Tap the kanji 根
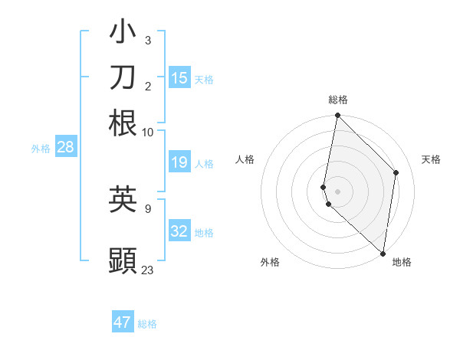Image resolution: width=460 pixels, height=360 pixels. click(x=123, y=123)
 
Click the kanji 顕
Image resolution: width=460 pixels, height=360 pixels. click(x=123, y=260)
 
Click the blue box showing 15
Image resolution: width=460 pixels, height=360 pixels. click(x=179, y=78)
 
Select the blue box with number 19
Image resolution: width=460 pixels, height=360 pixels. click(x=179, y=162)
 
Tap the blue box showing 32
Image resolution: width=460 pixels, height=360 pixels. click(x=179, y=231)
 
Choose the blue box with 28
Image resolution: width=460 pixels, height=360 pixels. click(x=65, y=148)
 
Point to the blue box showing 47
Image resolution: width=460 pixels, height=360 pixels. click(x=123, y=322)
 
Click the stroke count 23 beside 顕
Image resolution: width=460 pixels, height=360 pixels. click(x=148, y=270)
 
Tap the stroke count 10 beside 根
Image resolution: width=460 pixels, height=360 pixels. click(x=148, y=132)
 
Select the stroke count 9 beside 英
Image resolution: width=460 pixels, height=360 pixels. click(x=148, y=208)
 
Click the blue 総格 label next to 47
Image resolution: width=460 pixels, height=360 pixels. click(x=147, y=324)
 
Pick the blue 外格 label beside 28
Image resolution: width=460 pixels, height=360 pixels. click(x=40, y=149)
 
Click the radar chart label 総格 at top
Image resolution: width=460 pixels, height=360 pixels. click(x=338, y=100)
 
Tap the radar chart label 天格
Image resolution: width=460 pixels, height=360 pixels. click(x=431, y=159)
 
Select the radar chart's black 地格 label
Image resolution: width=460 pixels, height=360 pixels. click(x=402, y=262)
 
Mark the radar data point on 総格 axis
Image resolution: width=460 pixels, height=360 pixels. click(x=337, y=116)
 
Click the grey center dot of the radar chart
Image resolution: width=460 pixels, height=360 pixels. click(x=337, y=191)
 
